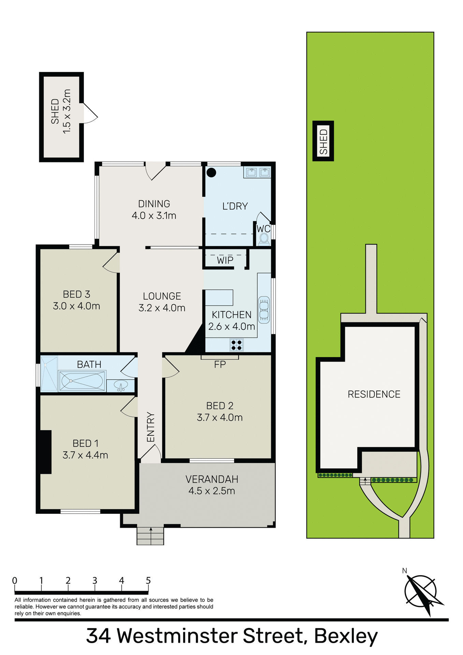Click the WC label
(x=263, y=229)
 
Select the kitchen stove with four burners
(x=236, y=345)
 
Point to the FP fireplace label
(x=220, y=365)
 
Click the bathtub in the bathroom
(x=82, y=381)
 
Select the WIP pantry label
(x=225, y=261)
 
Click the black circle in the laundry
(x=212, y=173)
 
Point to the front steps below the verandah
(x=150, y=536)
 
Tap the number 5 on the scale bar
(x=148, y=581)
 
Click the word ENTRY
(x=151, y=427)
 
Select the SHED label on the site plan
(x=323, y=141)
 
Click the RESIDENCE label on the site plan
(x=374, y=394)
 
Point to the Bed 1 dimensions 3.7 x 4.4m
(x=85, y=455)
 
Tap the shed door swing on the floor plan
(x=90, y=114)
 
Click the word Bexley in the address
(x=346, y=637)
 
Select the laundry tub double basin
(x=258, y=172)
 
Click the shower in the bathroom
(x=49, y=374)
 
